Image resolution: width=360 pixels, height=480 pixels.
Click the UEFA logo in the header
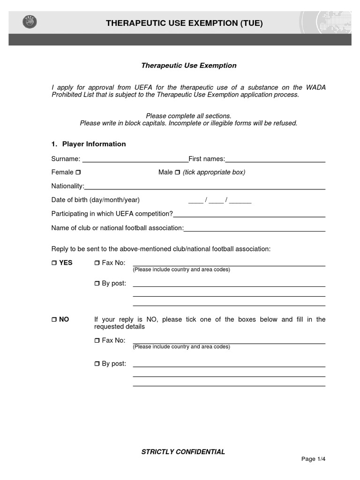(29, 22)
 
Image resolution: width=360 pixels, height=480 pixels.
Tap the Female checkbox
(78, 172)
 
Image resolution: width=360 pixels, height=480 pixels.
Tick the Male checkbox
(177, 172)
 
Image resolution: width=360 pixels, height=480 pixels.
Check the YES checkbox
(54, 263)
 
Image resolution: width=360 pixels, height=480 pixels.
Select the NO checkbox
(54, 320)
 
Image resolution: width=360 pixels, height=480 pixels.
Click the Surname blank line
(135, 160)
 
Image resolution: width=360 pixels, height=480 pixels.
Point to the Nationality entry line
(204, 187)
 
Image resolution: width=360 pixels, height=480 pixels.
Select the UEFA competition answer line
(249, 216)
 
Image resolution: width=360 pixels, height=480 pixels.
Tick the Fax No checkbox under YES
(97, 263)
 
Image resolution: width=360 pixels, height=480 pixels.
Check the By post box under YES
(97, 284)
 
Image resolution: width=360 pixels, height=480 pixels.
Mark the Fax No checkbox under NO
(97, 340)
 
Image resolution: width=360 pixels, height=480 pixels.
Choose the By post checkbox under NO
(97, 364)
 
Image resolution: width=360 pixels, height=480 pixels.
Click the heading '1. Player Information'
(89, 144)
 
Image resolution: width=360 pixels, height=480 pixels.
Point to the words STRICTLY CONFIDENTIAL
(183, 452)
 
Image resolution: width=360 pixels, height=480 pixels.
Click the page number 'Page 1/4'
(313, 459)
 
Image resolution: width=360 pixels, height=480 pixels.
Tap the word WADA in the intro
(315, 87)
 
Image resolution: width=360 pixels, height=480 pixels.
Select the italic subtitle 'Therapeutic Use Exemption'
(189, 66)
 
